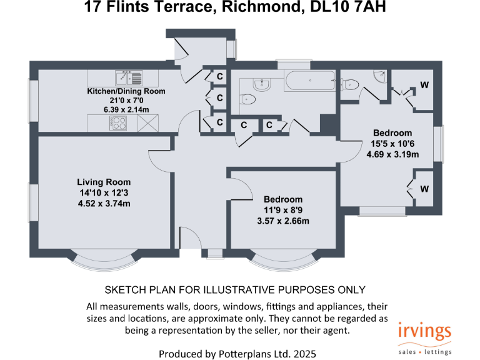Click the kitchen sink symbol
click(x=129, y=78)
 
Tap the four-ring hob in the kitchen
click(x=117, y=124)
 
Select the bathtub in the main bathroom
click(x=311, y=81)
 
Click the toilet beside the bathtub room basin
click(x=248, y=99)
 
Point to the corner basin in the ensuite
click(x=380, y=76)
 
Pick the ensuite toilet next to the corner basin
click(x=351, y=85)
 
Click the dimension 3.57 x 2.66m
click(x=284, y=221)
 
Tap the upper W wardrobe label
click(x=424, y=85)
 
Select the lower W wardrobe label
click(x=424, y=189)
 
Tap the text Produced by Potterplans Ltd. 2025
click(x=237, y=354)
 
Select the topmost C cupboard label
click(x=219, y=76)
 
